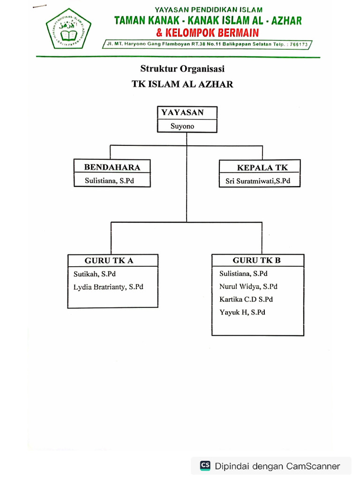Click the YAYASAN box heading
(x=182, y=112)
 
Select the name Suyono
(x=182, y=126)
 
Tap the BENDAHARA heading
(x=112, y=167)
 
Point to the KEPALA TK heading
(x=262, y=167)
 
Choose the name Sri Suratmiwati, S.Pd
(x=258, y=181)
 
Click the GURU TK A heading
(x=109, y=261)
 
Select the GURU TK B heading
(x=257, y=260)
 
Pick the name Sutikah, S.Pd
(x=94, y=274)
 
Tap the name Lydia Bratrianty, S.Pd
(x=108, y=287)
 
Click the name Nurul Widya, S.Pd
(x=248, y=286)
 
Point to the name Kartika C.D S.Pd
(x=246, y=299)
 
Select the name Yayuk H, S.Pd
(x=242, y=312)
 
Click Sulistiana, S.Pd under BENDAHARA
(x=109, y=180)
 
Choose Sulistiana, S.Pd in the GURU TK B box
(x=243, y=273)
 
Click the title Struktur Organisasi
(x=182, y=69)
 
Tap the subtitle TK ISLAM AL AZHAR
(x=182, y=84)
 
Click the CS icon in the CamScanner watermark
(x=205, y=465)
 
